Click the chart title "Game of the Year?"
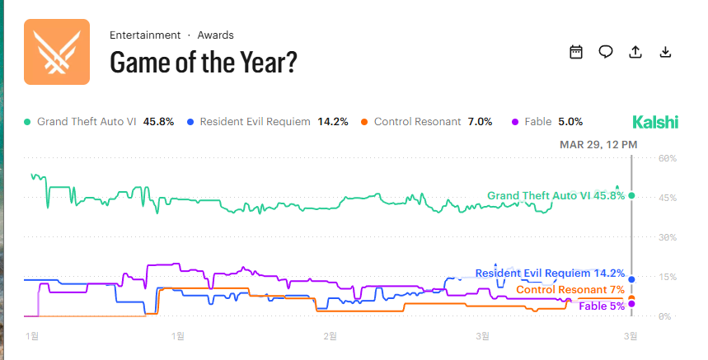tap(204, 62)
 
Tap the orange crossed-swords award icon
tap(56, 52)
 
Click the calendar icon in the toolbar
tap(576, 52)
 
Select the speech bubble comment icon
tap(606, 52)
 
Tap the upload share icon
tap(635, 52)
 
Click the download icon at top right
tap(665, 52)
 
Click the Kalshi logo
tap(655, 122)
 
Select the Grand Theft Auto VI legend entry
tap(100, 122)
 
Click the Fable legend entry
tap(547, 122)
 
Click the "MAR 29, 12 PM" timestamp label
tap(598, 144)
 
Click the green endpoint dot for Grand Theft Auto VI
tap(631, 195)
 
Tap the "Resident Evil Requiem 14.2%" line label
tap(550, 273)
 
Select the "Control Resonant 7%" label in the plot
tap(570, 289)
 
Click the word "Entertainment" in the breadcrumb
tap(145, 35)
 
